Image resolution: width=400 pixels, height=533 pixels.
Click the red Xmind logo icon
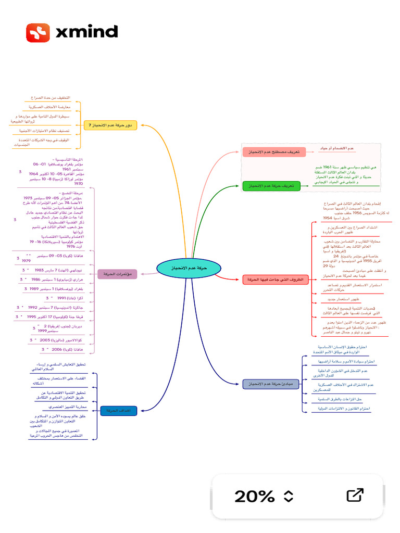(38, 32)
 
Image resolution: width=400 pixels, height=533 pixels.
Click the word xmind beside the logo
(86, 32)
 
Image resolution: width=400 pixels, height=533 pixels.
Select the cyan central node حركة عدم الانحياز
(189, 267)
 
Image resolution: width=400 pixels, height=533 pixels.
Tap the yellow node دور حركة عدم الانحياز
(110, 125)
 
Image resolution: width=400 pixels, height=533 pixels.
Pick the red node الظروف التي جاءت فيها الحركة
(272, 280)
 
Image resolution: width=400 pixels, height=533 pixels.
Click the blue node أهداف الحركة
(119, 411)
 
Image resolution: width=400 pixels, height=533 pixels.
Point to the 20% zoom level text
(254, 496)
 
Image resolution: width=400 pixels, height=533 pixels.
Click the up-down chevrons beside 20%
(289, 496)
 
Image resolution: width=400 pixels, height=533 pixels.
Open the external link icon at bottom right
(355, 495)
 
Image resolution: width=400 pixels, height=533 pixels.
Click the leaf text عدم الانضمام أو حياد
(336, 148)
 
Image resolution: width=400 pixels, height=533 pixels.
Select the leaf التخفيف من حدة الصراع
(50, 98)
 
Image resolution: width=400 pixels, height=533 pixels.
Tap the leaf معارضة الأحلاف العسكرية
(50, 107)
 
